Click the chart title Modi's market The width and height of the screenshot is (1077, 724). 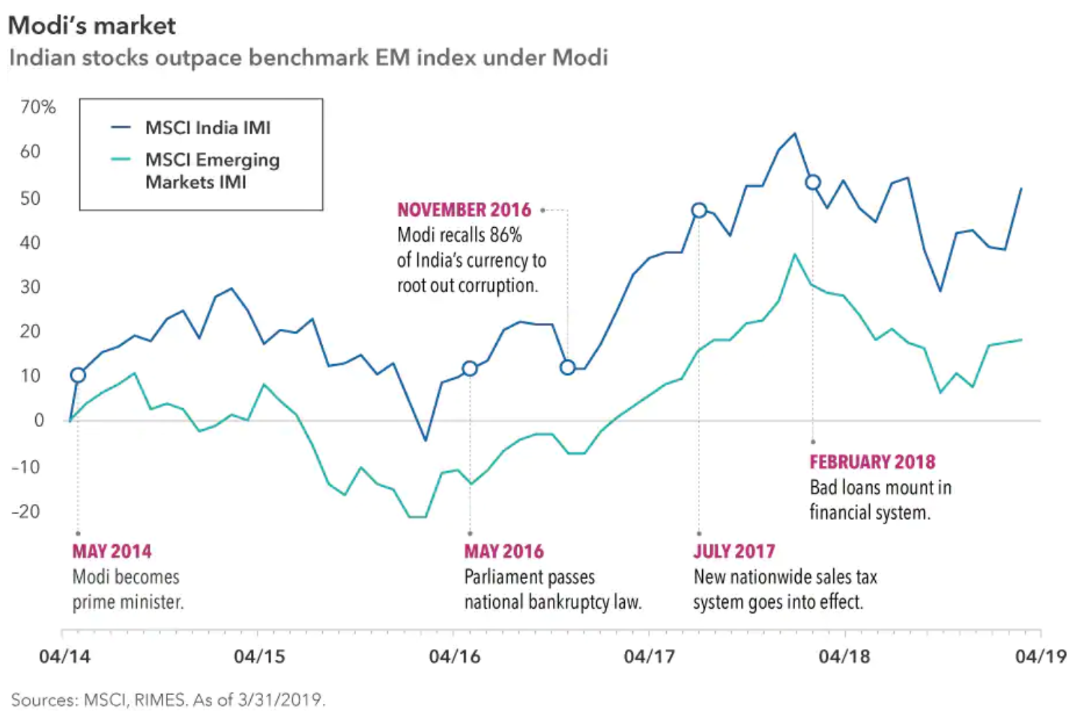pyautogui.click(x=92, y=26)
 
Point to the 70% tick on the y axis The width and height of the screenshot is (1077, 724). pyautogui.click(x=37, y=107)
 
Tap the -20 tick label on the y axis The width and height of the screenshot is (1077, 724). pyautogui.click(x=26, y=511)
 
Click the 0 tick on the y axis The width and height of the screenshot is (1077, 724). pyautogui.click(x=39, y=420)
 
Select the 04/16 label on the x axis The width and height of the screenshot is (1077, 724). pyautogui.click(x=454, y=656)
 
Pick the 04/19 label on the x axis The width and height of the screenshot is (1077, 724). pyautogui.click(x=1040, y=656)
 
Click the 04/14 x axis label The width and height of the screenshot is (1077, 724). pyautogui.click(x=65, y=656)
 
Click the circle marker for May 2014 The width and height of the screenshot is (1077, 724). pyautogui.click(x=78, y=375)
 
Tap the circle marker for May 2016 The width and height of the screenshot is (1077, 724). pyautogui.click(x=469, y=368)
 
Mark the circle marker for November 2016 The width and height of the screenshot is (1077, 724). pyautogui.click(x=567, y=367)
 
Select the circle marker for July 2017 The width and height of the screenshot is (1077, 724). pyautogui.click(x=699, y=211)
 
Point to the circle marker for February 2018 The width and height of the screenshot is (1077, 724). pyautogui.click(x=812, y=182)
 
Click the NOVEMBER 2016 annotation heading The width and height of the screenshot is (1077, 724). pyautogui.click(x=464, y=210)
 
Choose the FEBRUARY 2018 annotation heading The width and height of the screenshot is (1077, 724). pyautogui.click(x=872, y=462)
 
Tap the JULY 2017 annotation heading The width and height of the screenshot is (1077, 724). pyautogui.click(x=734, y=552)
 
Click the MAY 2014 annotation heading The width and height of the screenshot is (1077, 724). pyautogui.click(x=112, y=552)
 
